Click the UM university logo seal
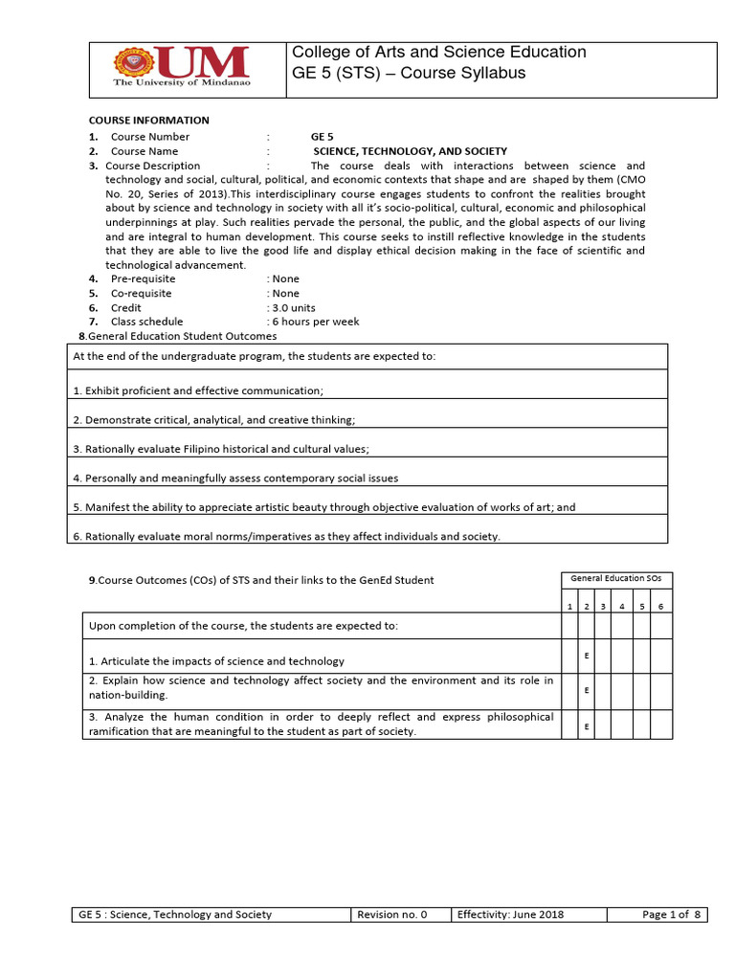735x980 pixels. (133, 64)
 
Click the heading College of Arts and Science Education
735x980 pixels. (438, 53)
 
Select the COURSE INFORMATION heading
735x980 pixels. (148, 121)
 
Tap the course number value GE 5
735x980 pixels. (323, 137)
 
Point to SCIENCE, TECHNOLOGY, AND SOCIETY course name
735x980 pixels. (411, 151)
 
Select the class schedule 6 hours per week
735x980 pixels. (315, 323)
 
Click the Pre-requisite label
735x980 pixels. (143, 279)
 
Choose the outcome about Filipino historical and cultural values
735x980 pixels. (221, 449)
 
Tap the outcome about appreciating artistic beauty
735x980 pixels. (324, 507)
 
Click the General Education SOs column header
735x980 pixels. (616, 579)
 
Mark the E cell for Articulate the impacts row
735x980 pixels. (586, 656)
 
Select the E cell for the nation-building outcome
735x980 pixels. (586, 689)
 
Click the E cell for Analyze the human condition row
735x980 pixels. (586, 725)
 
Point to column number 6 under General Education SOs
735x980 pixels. (661, 606)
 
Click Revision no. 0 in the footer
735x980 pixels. (391, 915)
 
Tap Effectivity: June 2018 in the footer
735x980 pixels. (510, 915)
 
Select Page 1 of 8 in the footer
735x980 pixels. (672, 915)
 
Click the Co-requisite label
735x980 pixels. (142, 294)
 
